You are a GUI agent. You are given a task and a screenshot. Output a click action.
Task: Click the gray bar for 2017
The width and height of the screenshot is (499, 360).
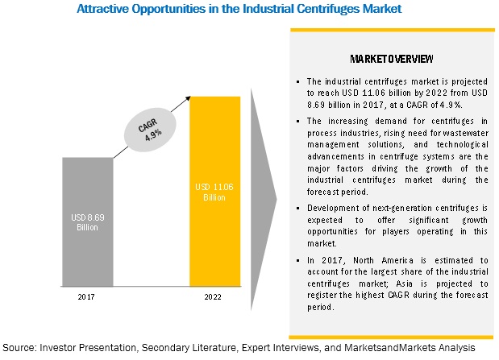click(88, 221)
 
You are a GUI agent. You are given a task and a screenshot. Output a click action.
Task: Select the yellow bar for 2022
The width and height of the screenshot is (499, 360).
click(214, 191)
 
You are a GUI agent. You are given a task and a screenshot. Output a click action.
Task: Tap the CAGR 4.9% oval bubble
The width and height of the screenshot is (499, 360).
click(150, 130)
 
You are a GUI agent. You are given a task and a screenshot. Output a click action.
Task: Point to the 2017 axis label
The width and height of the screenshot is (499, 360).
click(86, 296)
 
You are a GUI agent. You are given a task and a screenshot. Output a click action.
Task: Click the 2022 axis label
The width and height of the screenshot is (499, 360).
click(213, 296)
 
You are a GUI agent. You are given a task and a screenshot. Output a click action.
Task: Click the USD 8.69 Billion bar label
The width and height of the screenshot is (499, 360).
click(88, 222)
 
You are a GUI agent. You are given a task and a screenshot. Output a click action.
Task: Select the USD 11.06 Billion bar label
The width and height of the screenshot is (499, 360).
click(214, 192)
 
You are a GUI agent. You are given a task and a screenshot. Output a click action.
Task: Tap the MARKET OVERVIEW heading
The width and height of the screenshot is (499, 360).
click(392, 59)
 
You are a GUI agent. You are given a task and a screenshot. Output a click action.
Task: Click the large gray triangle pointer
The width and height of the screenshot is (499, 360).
click(263, 200)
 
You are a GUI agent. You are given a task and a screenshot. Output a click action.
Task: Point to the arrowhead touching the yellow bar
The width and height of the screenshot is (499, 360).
click(188, 99)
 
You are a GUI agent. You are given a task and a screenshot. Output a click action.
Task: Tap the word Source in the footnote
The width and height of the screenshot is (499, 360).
click(19, 348)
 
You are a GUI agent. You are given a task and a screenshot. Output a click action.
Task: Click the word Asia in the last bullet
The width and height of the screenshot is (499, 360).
click(404, 283)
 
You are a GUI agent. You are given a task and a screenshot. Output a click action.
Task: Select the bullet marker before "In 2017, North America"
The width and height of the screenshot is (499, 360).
click(298, 261)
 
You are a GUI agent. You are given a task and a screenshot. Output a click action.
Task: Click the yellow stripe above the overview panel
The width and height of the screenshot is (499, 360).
click(393, 31)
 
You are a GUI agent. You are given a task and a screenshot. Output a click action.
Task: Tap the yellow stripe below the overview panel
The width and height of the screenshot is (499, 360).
click(391, 337)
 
